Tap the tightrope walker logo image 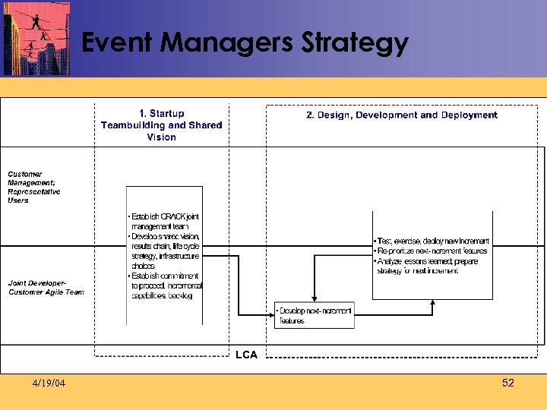[36, 38]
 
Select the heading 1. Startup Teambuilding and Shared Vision [162, 125]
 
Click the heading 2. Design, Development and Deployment [401, 115]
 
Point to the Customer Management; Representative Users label [35, 188]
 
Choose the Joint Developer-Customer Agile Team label [46, 288]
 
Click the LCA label [246, 355]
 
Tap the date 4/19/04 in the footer [49, 383]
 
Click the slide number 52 [508, 383]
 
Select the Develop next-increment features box [315, 315]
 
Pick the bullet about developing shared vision [165, 251]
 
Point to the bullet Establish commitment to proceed [165, 285]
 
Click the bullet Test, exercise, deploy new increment [432, 241]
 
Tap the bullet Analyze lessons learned [426, 266]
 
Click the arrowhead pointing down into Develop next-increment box [311, 298]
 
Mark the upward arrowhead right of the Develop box [433, 302]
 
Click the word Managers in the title [228, 43]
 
